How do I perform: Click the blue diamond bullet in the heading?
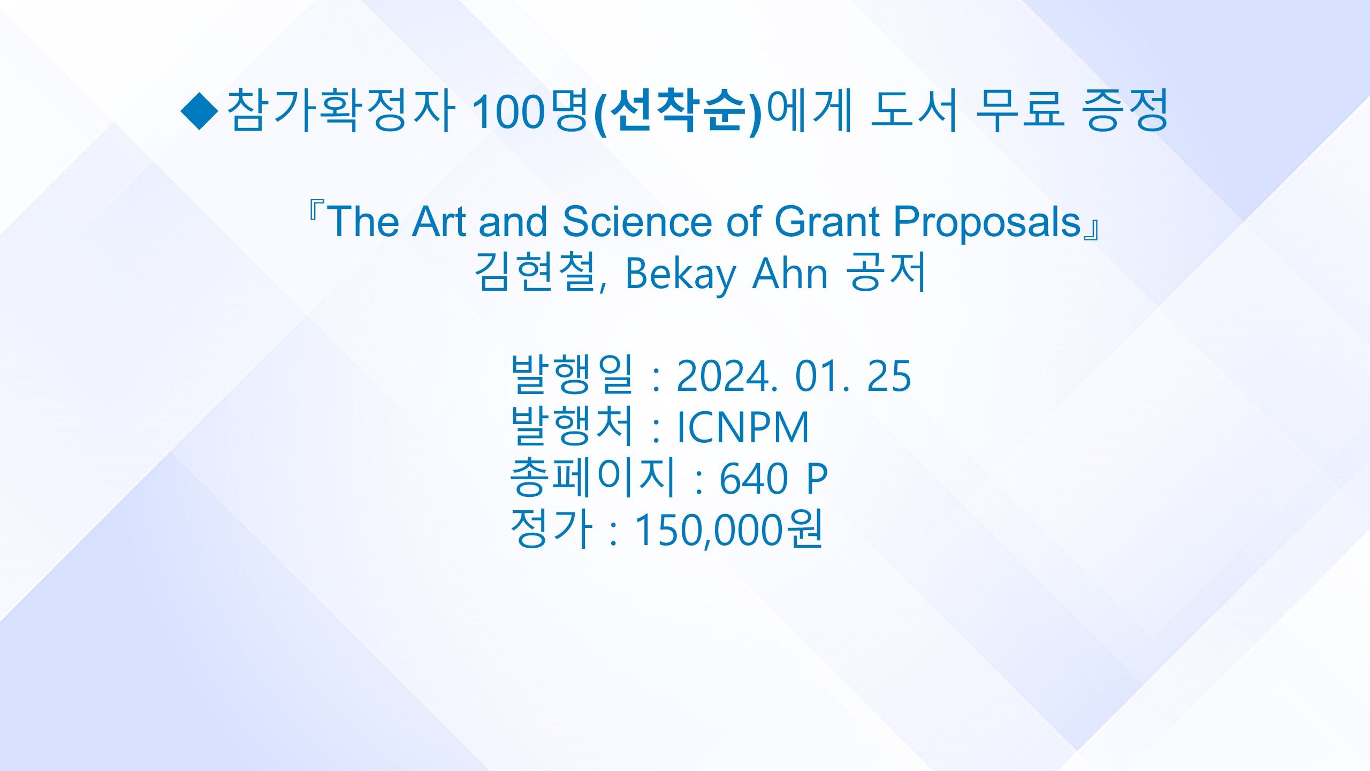(200, 111)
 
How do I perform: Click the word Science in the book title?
(637, 221)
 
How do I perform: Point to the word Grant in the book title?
(827, 221)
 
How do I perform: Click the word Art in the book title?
(439, 221)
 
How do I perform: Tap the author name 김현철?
(536, 272)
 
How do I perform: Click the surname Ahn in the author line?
(790, 273)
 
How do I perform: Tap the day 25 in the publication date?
(888, 376)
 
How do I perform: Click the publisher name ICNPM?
(743, 427)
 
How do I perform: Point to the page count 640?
(753, 479)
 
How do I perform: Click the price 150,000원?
(728, 529)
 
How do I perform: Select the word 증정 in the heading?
(1124, 110)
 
